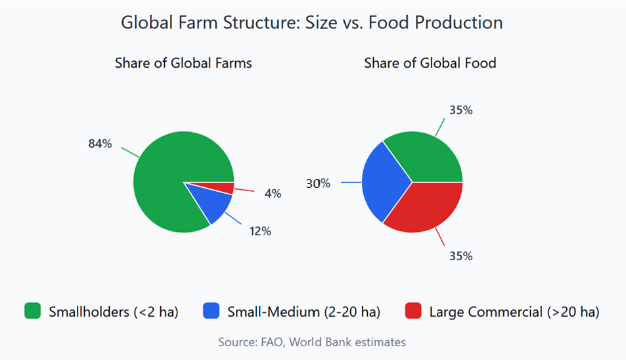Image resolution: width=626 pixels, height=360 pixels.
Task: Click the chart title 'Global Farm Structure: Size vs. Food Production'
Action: (x=312, y=22)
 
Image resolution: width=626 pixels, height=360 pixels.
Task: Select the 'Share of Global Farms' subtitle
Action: (x=183, y=63)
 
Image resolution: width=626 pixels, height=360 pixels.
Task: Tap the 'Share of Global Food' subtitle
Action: (x=430, y=63)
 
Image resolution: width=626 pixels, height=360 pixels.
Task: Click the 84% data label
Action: (x=100, y=144)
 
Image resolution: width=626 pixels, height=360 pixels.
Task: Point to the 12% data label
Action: (x=260, y=231)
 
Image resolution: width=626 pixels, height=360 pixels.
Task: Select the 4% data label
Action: (x=273, y=194)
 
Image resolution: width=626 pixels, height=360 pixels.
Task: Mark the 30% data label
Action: (x=318, y=184)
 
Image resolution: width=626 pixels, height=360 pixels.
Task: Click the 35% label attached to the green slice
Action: (x=460, y=110)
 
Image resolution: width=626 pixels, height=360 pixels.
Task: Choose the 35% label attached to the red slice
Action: (x=460, y=256)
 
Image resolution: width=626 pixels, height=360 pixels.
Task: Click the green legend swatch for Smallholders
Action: (x=32, y=311)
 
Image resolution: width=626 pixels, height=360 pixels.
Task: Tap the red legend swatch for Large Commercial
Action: (x=413, y=311)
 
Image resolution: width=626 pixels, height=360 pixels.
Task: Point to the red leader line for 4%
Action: (x=244, y=190)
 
